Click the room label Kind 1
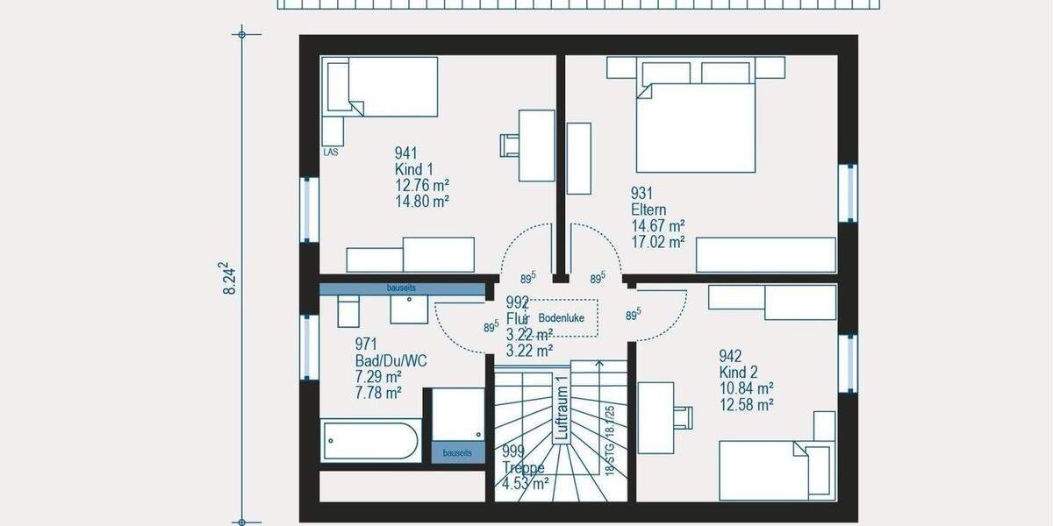(414, 169)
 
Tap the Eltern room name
(648, 210)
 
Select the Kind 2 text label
(739, 372)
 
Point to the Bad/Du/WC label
(390, 360)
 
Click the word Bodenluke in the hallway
(562, 317)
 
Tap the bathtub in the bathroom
(371, 440)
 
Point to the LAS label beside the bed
(331, 152)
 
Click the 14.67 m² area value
(657, 225)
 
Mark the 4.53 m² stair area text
(526, 482)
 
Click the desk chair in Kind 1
(510, 145)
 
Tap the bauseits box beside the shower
(457, 452)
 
